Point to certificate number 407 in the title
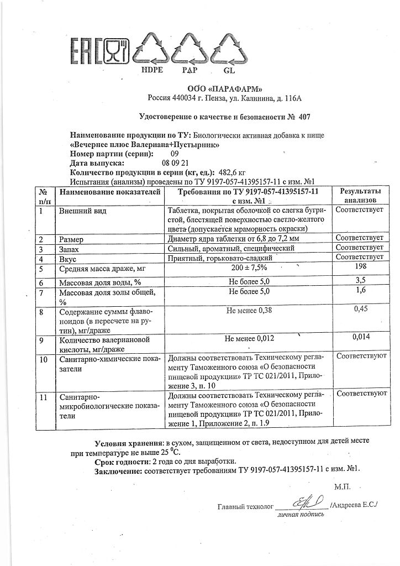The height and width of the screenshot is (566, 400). click(306, 117)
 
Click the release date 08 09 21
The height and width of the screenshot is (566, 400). click(176, 163)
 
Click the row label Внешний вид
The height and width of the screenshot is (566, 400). click(83, 211)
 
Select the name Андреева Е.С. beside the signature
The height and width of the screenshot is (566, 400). click(354, 505)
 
